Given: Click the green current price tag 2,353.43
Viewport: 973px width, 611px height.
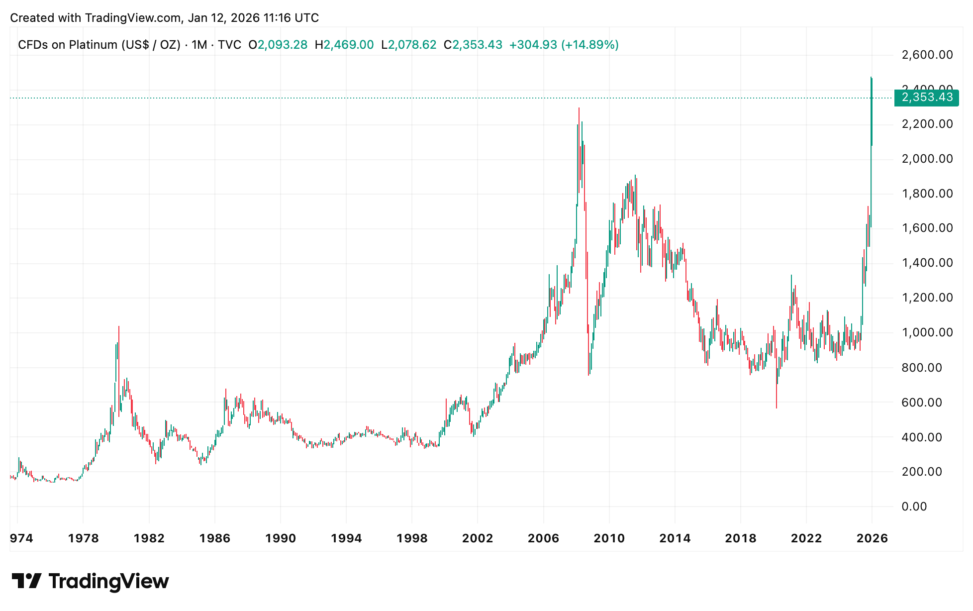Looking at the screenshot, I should coord(926,98).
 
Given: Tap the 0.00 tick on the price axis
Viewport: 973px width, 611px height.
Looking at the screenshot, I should coord(914,507).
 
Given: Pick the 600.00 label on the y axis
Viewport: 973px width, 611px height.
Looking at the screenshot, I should coord(922,402).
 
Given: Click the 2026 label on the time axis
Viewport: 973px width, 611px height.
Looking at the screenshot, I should coord(872,538).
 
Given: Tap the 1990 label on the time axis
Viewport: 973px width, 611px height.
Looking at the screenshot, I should coord(281,538).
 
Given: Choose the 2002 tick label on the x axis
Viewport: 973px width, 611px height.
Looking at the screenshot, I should coord(478,538).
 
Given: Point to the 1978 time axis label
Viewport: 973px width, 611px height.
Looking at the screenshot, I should coord(83,538).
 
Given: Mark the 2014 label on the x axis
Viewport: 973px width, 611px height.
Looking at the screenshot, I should coord(675,538).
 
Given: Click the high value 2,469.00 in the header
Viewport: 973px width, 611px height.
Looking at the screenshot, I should coord(349,45).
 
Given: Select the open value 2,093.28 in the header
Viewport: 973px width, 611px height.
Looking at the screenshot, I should coord(283,45).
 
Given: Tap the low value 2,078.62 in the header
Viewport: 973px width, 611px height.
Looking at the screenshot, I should coord(412,45).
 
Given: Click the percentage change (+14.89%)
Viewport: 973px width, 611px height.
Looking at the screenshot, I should coord(590,45).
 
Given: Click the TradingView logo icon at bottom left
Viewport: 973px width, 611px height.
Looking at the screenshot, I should coord(26,581).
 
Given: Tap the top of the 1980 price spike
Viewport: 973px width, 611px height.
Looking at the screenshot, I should coord(119,327).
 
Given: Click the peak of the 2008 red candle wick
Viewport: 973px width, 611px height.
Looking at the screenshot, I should coord(579,108).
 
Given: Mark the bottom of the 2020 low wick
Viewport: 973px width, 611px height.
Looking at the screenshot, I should coord(777,408).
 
